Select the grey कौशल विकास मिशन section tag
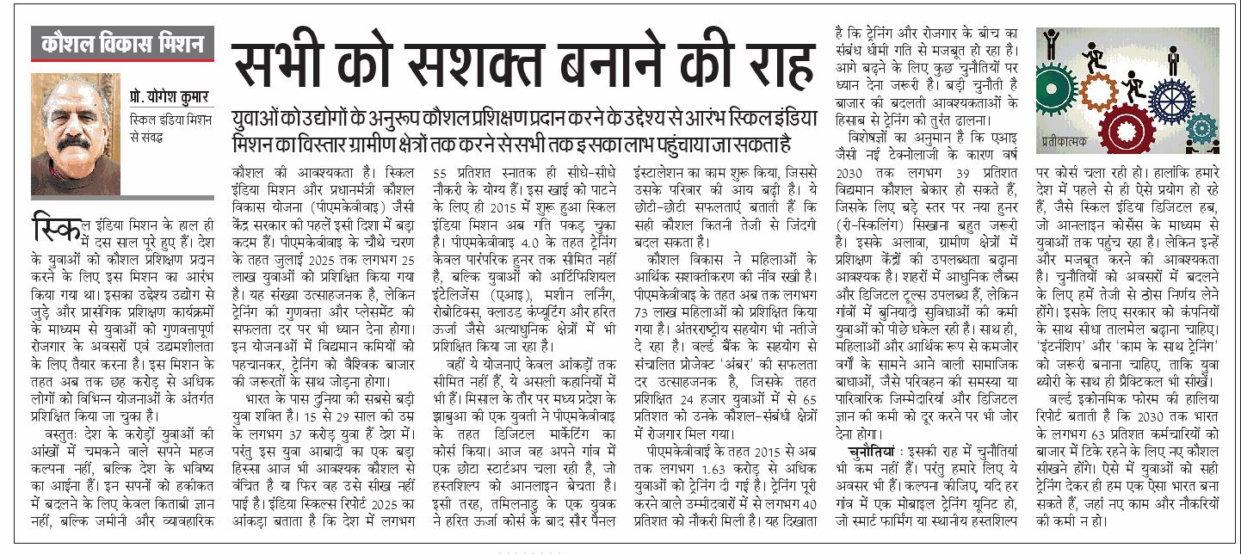[x=122, y=44]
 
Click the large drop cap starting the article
[x=48, y=225]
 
